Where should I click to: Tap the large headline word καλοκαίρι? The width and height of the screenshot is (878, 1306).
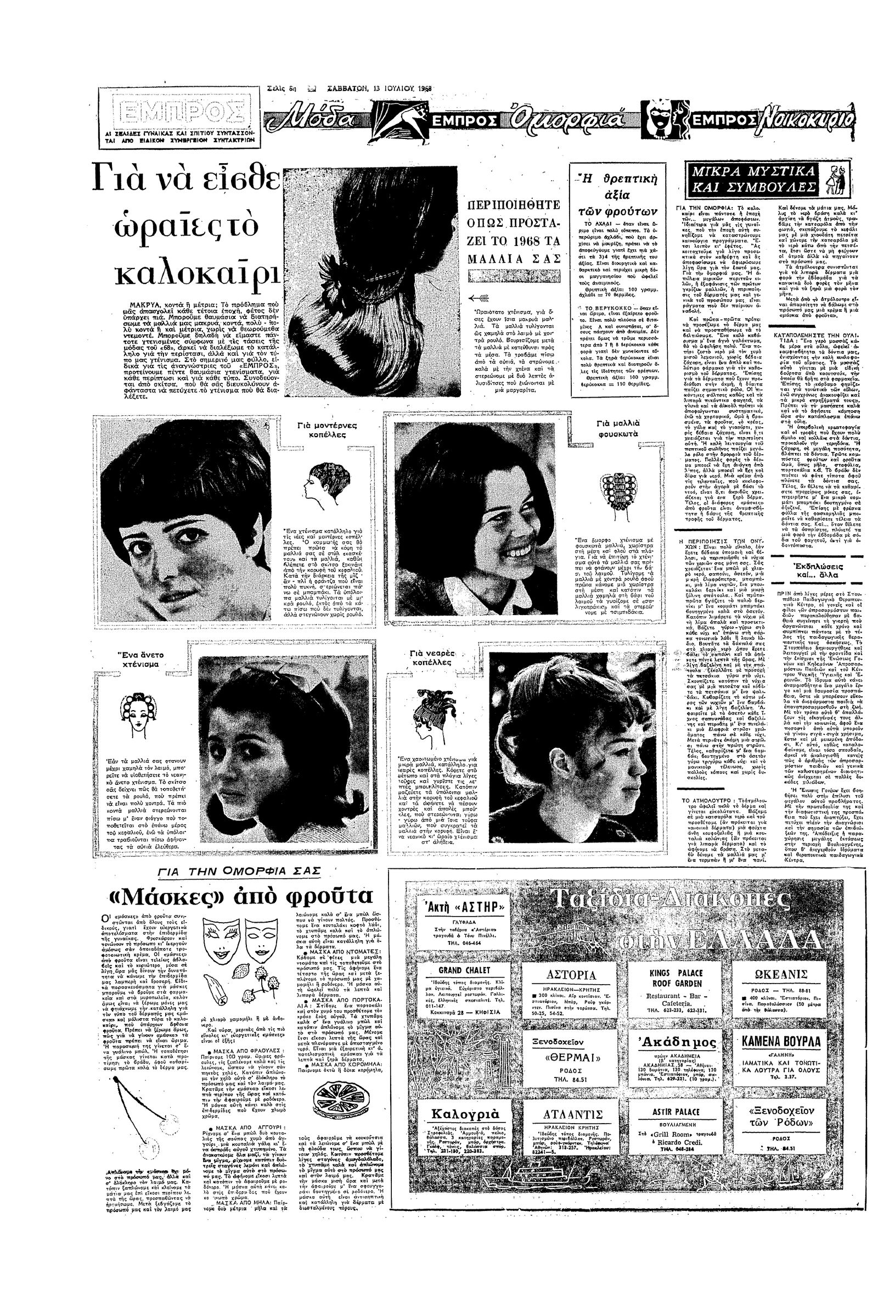tap(197, 272)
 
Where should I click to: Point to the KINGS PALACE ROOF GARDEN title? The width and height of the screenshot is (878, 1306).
tap(676, 978)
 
